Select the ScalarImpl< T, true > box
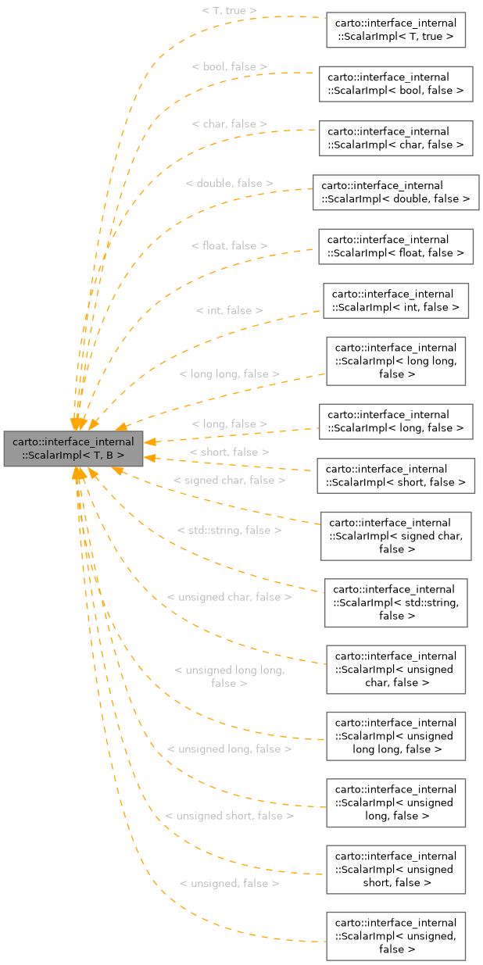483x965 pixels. pyautogui.click(x=395, y=30)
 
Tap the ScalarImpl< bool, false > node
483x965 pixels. pyautogui.click(x=395, y=84)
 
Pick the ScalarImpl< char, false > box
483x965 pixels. pyautogui.click(x=395, y=138)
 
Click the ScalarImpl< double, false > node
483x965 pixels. pyautogui.click(x=395, y=191)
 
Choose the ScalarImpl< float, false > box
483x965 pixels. pyautogui.click(x=395, y=245)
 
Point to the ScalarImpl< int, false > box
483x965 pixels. pyautogui.click(x=395, y=300)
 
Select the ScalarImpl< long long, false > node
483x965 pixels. pyautogui.click(x=395, y=361)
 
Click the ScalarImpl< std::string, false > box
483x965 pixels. pyautogui.click(x=395, y=602)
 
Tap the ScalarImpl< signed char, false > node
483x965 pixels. pyautogui.click(x=395, y=535)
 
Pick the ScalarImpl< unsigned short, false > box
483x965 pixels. pyautogui.click(x=395, y=869)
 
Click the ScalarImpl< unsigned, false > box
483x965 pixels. pyautogui.click(x=395, y=935)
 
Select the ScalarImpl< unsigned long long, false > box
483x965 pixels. pyautogui.click(x=395, y=735)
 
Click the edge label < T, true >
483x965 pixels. pyautogui.click(x=230, y=11)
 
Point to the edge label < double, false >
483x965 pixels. pyautogui.click(x=230, y=183)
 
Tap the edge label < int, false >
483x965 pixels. pyautogui.click(x=229, y=310)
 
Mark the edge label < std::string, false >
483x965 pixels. pyautogui.click(x=229, y=531)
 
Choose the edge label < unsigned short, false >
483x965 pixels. pyautogui.click(x=230, y=816)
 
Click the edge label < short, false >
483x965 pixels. pyautogui.click(x=229, y=452)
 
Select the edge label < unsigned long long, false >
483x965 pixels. pyautogui.click(x=229, y=677)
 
